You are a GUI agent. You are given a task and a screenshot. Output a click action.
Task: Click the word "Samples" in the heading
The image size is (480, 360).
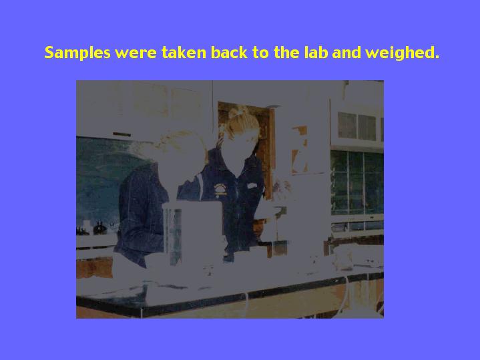tap(77, 52)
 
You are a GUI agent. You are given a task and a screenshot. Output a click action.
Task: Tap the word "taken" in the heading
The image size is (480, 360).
tap(184, 52)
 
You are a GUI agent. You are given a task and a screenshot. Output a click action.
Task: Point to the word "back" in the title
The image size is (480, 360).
tap(229, 52)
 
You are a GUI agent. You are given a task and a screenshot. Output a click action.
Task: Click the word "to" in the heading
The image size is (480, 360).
tap(260, 53)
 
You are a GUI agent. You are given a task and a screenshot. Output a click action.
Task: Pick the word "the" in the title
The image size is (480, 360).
tap(287, 52)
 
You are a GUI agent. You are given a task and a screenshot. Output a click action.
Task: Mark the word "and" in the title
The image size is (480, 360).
tap(346, 52)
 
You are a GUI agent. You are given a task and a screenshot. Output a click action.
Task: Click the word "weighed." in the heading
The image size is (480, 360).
tap(403, 53)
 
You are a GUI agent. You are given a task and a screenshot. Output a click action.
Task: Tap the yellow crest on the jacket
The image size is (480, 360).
tap(220, 190)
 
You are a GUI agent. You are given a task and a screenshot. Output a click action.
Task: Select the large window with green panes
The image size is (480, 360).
tap(357, 182)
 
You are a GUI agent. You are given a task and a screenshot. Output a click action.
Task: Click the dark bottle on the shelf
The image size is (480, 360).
tap(99, 228)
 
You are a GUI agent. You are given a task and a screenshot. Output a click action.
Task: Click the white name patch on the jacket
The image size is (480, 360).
tap(252, 186)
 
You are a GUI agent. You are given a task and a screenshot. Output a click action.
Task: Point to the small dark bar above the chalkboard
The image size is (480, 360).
tap(122, 134)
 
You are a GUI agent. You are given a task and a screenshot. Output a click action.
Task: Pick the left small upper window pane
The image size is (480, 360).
tap(347, 125)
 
